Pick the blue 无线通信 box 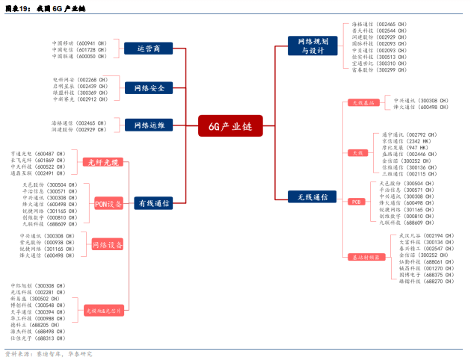click(313, 196)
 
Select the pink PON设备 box click(108, 203)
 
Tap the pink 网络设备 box click(107, 245)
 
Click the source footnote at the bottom click(49, 353)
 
